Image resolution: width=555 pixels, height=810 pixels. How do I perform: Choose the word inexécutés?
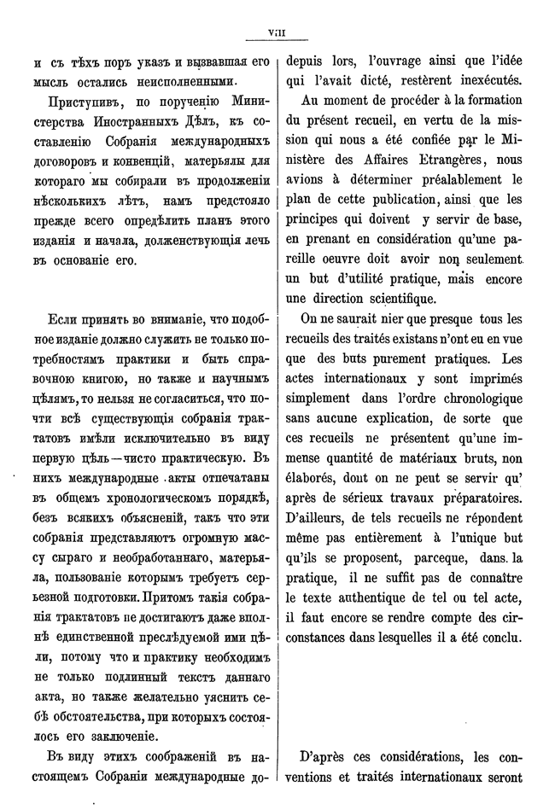coord(484,83)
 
